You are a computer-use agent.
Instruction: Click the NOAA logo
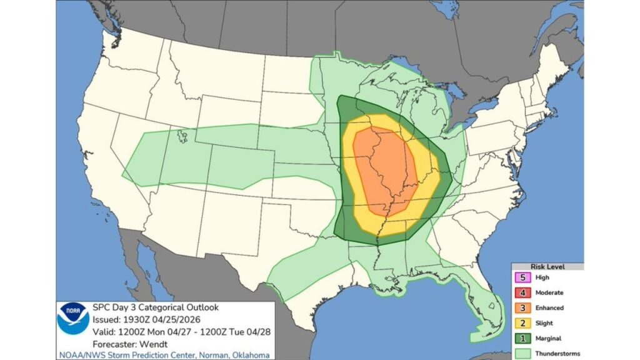[x=73, y=318]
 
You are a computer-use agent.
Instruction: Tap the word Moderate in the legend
[x=549, y=292]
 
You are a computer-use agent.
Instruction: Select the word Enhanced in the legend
[x=549, y=307]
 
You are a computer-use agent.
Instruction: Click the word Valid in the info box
[x=103, y=331]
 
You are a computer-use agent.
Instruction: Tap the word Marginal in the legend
[x=549, y=339]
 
